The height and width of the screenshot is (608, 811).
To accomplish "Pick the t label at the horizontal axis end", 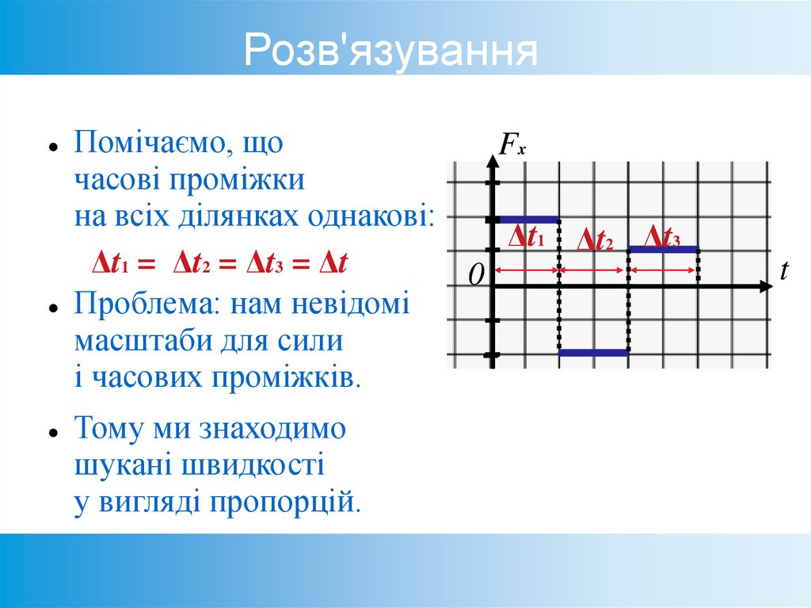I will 784,271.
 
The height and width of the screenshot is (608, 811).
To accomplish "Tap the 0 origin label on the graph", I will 475,275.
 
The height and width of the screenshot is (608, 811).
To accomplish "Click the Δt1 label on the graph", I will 526,236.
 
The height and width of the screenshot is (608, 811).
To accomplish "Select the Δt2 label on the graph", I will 595,240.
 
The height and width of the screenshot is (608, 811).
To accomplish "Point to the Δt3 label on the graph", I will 662,235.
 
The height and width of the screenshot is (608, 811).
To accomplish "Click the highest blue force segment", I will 528,219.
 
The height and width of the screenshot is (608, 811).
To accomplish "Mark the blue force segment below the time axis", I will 594,353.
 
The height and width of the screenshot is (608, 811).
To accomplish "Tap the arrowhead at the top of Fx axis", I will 493,163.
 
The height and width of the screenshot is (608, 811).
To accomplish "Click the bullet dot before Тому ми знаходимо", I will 52,433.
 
